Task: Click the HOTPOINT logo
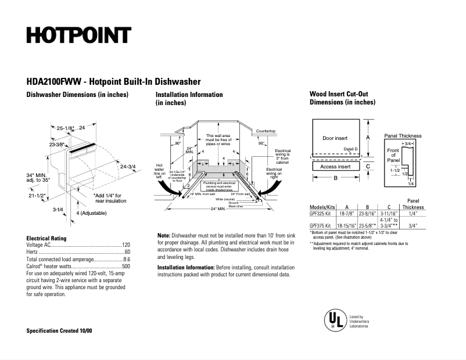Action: (78, 35)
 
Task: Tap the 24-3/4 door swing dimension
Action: (128, 167)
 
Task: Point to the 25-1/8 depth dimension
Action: (64, 127)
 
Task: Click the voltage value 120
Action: (126, 245)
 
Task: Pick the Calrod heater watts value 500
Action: (126, 266)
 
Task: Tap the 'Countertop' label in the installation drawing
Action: (266, 132)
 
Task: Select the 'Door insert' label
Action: (335, 138)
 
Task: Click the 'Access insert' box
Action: (335, 167)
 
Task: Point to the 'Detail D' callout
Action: (350, 149)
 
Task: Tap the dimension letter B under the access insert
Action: (335, 178)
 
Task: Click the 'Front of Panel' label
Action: (393, 155)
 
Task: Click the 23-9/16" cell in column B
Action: (367, 214)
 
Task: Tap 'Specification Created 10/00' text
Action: (59, 330)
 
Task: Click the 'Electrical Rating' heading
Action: (46, 238)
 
